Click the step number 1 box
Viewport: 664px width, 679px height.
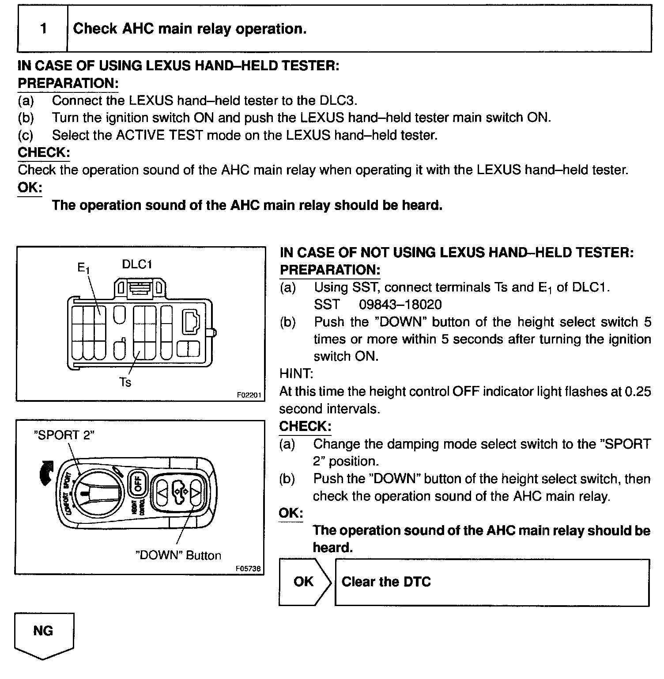coord(43,29)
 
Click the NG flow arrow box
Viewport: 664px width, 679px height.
coord(44,633)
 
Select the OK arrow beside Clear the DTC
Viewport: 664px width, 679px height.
coord(304,582)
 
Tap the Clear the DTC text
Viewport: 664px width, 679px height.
coord(386,582)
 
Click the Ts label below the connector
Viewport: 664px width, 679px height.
coord(125,382)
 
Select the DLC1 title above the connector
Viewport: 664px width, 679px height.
coord(137,264)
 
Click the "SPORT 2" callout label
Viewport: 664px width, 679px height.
coord(64,435)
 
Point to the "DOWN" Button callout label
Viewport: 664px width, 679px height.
coord(178,555)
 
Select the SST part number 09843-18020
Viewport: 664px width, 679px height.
coord(400,305)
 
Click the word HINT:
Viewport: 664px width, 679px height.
coord(296,374)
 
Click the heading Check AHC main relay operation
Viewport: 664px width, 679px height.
coord(189,29)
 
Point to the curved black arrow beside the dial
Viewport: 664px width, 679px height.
coord(46,473)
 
